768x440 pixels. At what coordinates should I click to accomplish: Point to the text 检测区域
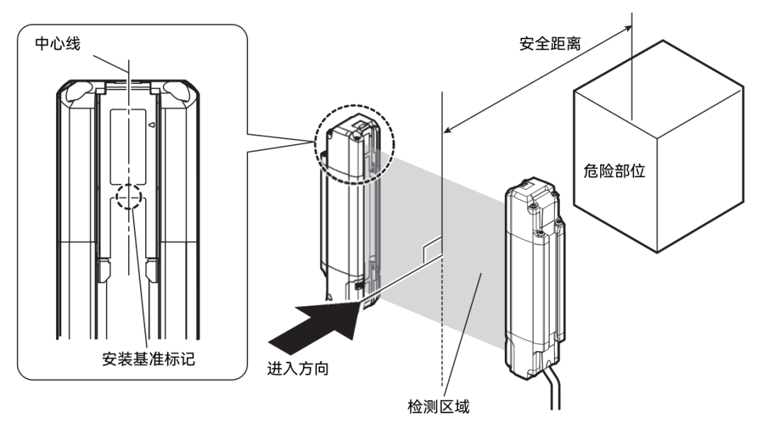click(434, 408)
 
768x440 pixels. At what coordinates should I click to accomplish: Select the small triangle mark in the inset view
click(151, 124)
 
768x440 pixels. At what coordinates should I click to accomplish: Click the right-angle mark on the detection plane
click(432, 249)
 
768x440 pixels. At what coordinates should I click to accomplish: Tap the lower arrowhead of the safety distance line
click(447, 130)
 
